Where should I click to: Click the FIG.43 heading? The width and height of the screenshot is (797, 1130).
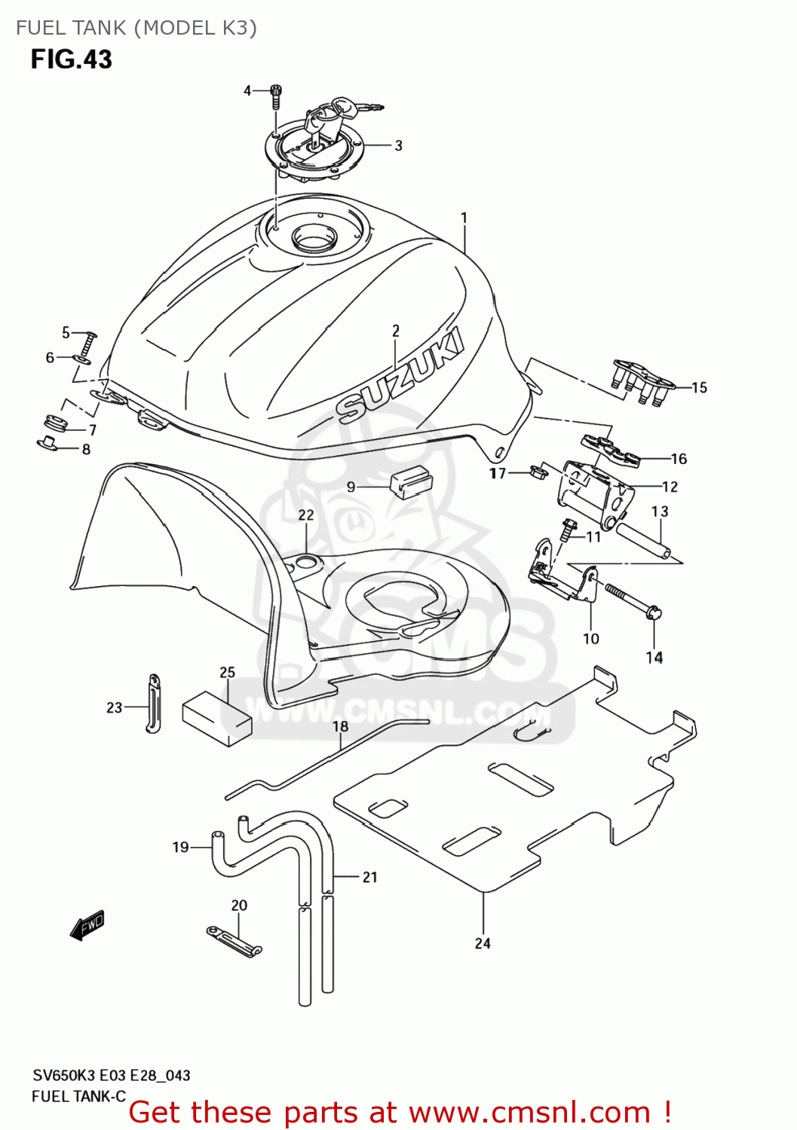pos(71,60)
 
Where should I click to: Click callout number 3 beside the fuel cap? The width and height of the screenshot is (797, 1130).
pos(398,145)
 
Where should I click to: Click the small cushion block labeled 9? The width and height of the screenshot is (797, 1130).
pos(409,481)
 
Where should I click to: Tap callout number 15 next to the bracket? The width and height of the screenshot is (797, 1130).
pos(699,387)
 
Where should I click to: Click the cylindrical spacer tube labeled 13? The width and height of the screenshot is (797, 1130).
pos(642,539)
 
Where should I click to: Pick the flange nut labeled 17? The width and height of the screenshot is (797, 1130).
pos(538,473)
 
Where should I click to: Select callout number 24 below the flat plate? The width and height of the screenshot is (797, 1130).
pos(483,943)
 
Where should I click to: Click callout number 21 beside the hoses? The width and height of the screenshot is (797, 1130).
pos(369,877)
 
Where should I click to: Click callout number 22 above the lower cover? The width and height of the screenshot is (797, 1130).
pos(305,515)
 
